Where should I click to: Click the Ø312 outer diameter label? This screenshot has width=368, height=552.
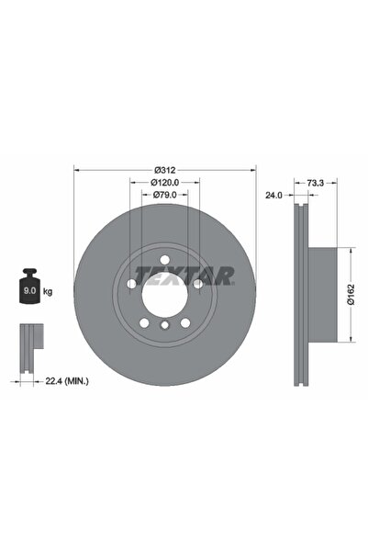(x=164, y=170)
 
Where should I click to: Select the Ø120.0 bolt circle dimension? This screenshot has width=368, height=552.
(x=164, y=183)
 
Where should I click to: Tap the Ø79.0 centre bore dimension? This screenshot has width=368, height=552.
(x=164, y=195)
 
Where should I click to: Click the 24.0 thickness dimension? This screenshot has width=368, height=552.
(x=273, y=195)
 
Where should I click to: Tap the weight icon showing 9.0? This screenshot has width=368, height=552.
(x=29, y=290)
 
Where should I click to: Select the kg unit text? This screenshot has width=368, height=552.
(x=48, y=291)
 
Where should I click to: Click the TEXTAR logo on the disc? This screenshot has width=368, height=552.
(x=184, y=274)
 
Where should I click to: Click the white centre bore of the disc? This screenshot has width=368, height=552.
(x=163, y=294)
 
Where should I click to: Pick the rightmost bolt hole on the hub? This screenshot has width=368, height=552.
(x=196, y=284)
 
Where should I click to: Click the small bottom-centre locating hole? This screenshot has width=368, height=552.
(x=163, y=326)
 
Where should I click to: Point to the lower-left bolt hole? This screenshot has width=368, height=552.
(x=143, y=321)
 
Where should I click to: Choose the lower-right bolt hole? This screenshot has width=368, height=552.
(x=184, y=321)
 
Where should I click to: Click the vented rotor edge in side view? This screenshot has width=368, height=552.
(x=298, y=294)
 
